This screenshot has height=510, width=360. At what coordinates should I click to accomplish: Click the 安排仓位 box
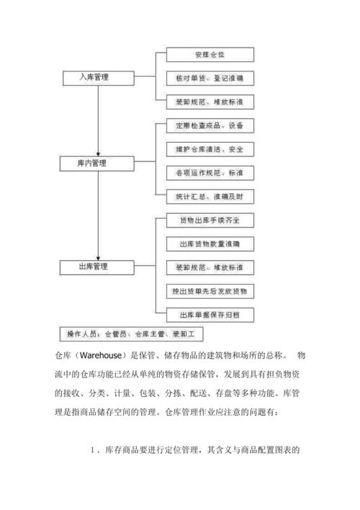pyautogui.click(x=209, y=54)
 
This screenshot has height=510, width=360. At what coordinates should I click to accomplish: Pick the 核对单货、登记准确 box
pyautogui.click(x=209, y=76)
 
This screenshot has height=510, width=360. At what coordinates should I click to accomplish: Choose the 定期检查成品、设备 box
pyautogui.click(x=209, y=126)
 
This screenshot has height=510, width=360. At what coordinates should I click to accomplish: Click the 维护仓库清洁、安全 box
pyautogui.click(x=209, y=150)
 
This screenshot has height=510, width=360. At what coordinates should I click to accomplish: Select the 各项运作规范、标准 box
pyautogui.click(x=209, y=173)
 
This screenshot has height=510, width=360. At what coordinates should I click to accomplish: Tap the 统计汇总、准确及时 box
pyautogui.click(x=209, y=196)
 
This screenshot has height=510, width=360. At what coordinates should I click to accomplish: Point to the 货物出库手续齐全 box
pyautogui.click(x=209, y=219)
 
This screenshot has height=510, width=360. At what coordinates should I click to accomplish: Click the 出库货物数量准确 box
pyautogui.click(x=209, y=243)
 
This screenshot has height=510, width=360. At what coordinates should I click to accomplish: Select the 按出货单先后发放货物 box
pyautogui.click(x=209, y=291)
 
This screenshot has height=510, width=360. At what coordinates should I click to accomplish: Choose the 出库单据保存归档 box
pyautogui.click(x=209, y=315)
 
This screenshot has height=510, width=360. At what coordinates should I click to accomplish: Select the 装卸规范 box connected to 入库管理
pyautogui.click(x=209, y=100)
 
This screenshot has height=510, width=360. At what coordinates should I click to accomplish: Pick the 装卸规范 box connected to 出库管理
pyautogui.click(x=209, y=267)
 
